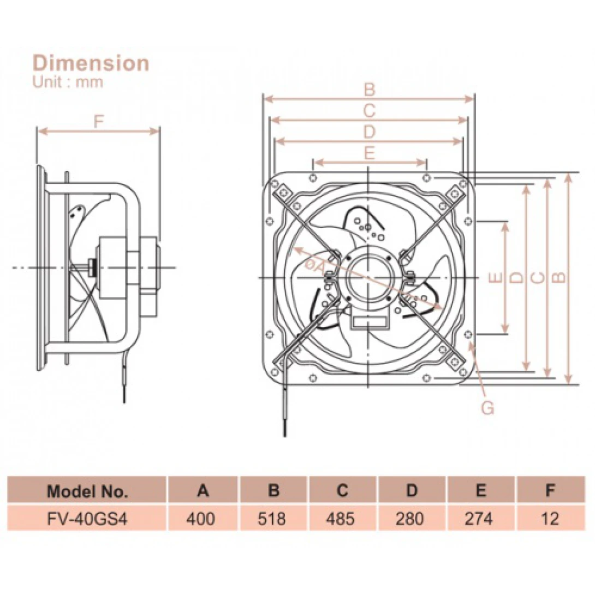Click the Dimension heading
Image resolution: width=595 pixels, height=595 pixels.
tap(91, 63)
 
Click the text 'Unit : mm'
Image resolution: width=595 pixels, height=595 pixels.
tap(68, 82)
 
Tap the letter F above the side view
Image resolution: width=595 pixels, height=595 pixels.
tap(98, 122)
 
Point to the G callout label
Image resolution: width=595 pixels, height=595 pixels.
tap(487, 407)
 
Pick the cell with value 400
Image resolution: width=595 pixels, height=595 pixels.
tap(203, 517)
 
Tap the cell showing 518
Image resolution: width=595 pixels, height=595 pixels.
tap(273, 517)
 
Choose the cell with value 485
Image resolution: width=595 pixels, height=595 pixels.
tap(342, 517)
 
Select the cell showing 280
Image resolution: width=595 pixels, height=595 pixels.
tap(411, 517)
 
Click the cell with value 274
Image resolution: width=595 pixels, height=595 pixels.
tap(480, 517)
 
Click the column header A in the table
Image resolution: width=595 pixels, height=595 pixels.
tap(203, 491)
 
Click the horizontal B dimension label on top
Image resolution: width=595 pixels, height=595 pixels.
tap(370, 90)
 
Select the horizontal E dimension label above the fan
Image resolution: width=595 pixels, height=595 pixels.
tap(369, 153)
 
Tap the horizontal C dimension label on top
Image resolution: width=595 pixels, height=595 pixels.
tap(370, 111)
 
